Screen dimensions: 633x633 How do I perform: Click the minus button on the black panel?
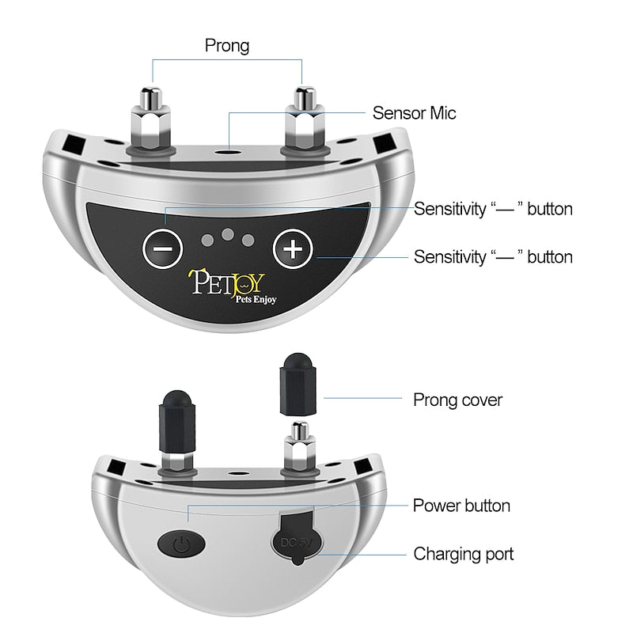click(x=162, y=248)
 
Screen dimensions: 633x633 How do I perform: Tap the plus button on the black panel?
click(x=293, y=248)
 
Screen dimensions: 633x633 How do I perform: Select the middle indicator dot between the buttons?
click(x=228, y=234)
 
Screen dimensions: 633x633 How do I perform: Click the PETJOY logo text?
click(x=226, y=282)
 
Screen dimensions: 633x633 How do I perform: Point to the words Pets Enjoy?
click(x=256, y=299)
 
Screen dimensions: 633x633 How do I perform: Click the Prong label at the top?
click(x=227, y=45)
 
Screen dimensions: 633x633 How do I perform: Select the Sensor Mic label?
click(x=414, y=113)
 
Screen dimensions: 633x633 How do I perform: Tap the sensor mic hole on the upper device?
click(x=229, y=153)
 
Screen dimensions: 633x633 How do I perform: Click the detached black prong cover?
click(x=298, y=385)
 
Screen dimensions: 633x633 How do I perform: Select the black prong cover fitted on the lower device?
click(x=177, y=421)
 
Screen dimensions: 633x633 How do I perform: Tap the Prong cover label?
click(x=458, y=400)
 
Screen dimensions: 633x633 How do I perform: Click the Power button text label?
click(x=461, y=506)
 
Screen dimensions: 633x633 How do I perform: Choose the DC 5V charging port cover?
click(x=298, y=539)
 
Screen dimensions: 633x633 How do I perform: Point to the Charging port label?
click(x=464, y=554)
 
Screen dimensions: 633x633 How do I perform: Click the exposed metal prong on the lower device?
click(x=300, y=447)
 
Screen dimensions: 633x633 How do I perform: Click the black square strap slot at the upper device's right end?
click(x=385, y=144)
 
